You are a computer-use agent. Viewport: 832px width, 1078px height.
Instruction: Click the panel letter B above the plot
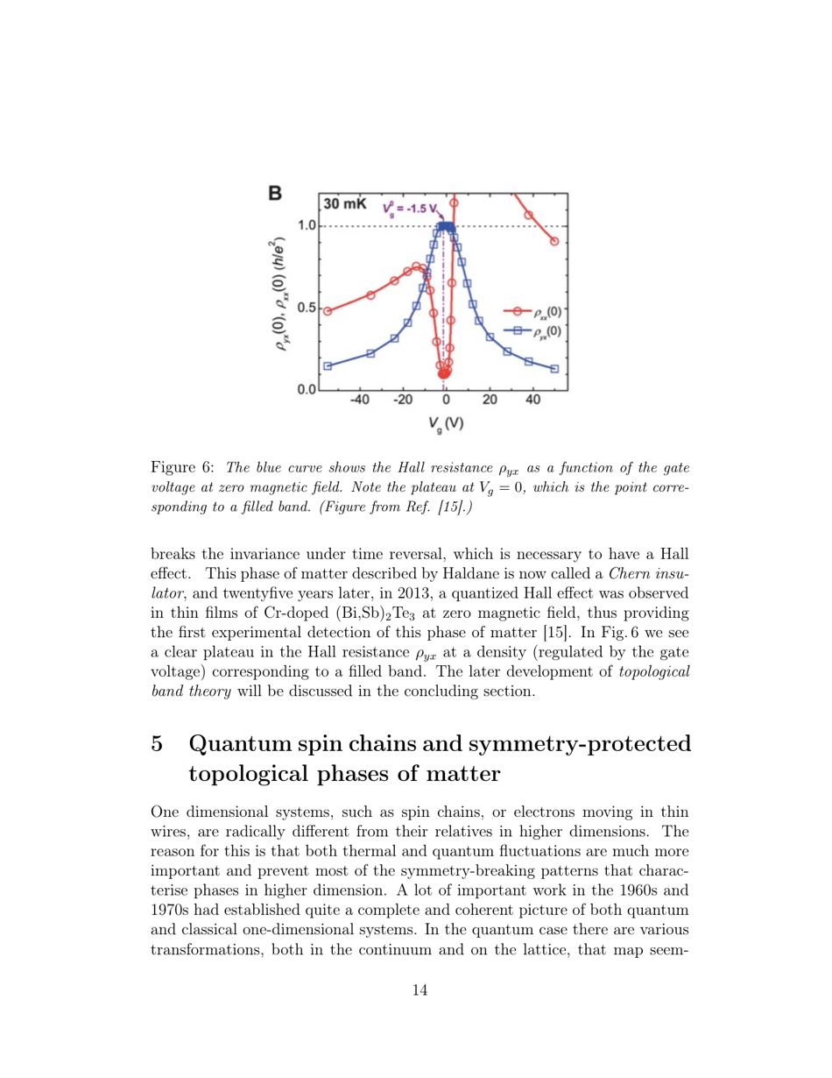click(x=274, y=193)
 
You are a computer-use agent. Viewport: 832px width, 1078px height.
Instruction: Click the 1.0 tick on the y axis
click(x=307, y=226)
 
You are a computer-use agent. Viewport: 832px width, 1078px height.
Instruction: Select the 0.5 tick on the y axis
click(x=307, y=308)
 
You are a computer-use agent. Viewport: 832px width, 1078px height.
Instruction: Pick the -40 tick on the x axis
click(x=359, y=401)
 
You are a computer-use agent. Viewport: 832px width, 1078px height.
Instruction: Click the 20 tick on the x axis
click(x=490, y=401)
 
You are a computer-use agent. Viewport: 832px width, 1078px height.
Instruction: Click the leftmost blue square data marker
click(x=328, y=366)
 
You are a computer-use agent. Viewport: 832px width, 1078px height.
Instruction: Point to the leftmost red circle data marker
click(x=328, y=311)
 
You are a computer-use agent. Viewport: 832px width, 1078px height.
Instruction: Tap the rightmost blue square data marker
click(x=554, y=369)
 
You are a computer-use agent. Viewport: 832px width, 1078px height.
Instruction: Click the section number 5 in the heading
click(x=158, y=746)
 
